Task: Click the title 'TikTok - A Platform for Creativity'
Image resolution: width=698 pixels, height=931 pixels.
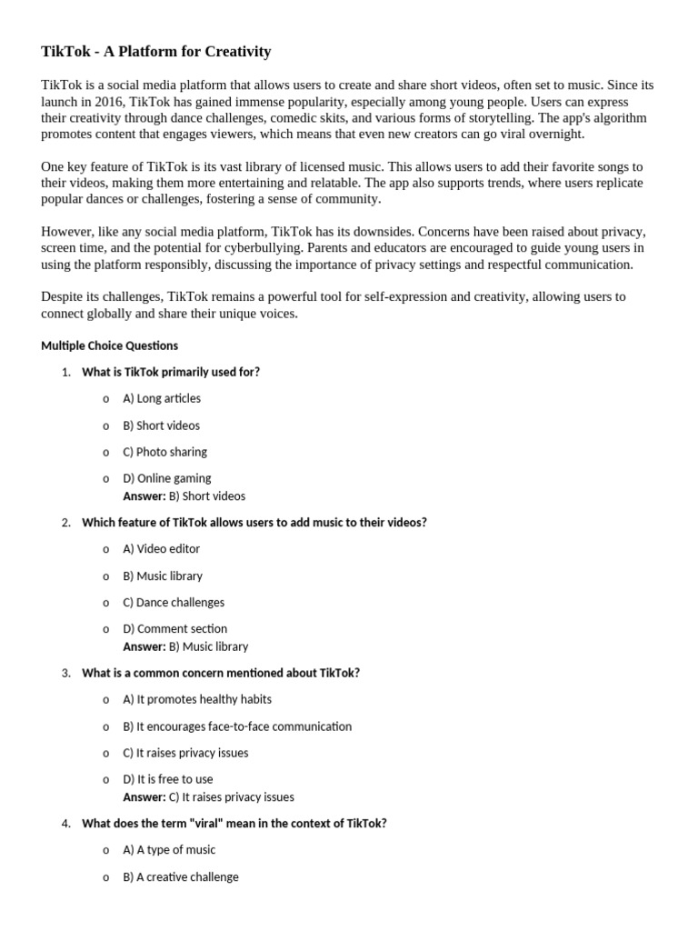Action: [155, 52]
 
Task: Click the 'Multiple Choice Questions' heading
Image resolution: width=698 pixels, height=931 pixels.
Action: [109, 345]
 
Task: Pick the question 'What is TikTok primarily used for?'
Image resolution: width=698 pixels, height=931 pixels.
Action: [170, 372]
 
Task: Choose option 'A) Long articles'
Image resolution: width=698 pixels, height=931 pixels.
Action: [161, 398]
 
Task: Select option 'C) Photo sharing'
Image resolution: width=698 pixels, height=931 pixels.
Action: [165, 452]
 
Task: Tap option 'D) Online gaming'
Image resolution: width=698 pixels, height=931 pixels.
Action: [166, 478]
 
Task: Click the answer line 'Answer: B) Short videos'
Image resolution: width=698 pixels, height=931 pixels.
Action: [184, 496]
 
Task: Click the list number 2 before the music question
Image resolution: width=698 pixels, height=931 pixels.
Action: [65, 523]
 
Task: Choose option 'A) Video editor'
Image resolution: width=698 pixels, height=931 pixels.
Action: [161, 549]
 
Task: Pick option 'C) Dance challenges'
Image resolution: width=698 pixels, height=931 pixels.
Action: [173, 602]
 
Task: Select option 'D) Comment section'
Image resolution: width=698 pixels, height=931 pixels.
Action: [174, 628]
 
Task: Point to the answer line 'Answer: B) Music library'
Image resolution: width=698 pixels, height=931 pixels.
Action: [184, 646]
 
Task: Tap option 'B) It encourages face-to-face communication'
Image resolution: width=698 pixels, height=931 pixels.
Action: [236, 726]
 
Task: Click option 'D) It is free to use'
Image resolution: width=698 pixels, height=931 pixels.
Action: [167, 779]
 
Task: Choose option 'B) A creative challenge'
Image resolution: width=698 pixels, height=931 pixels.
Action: [180, 877]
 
